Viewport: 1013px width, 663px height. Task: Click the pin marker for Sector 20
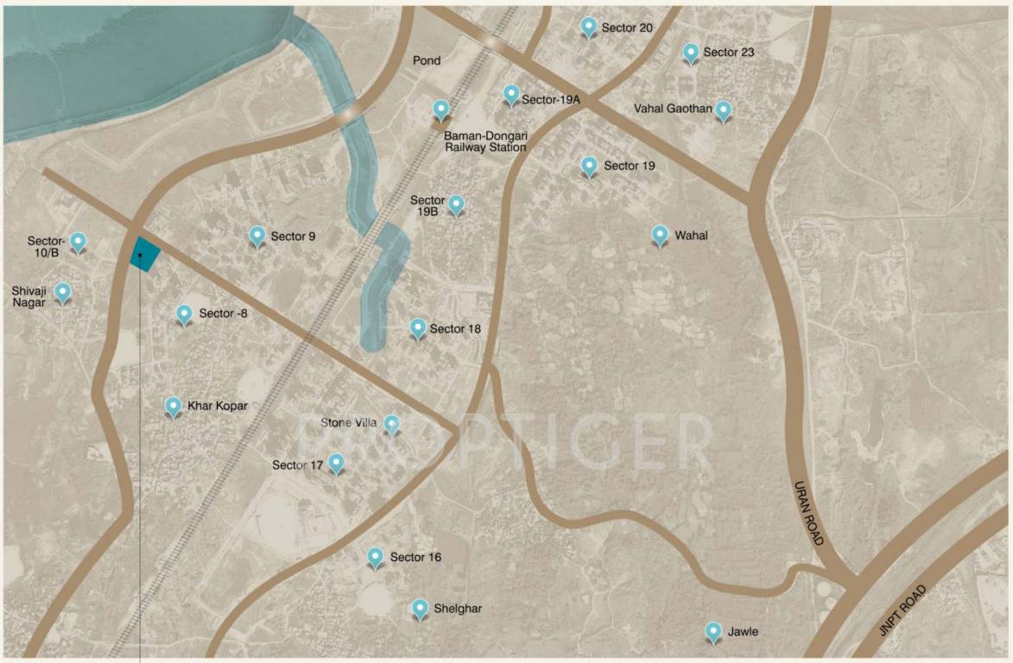(x=589, y=27)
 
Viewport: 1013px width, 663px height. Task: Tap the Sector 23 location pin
(x=691, y=53)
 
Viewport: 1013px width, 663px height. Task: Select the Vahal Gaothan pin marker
(x=724, y=110)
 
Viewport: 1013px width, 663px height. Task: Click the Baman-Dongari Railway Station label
(x=484, y=142)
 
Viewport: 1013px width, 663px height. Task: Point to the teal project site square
(x=145, y=254)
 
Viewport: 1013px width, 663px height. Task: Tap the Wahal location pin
(x=660, y=235)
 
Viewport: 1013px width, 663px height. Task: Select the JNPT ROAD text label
(x=902, y=611)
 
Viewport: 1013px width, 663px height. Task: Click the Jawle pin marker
(x=713, y=632)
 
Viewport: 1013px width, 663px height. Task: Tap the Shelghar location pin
(x=420, y=609)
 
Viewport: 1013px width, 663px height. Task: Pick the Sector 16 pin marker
(x=376, y=557)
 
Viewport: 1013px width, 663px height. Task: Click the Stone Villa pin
(x=392, y=423)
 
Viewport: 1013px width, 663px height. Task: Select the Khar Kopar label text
(x=218, y=406)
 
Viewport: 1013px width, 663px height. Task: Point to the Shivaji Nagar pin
(x=63, y=292)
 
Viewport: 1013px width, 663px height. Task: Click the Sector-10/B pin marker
(x=79, y=242)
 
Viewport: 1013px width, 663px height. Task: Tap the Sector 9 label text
(x=293, y=236)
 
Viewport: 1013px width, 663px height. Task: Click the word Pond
(x=427, y=60)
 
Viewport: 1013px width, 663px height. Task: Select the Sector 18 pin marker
(x=418, y=328)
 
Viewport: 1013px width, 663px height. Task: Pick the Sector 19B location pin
(x=456, y=205)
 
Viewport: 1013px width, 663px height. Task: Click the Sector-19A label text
(x=550, y=100)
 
